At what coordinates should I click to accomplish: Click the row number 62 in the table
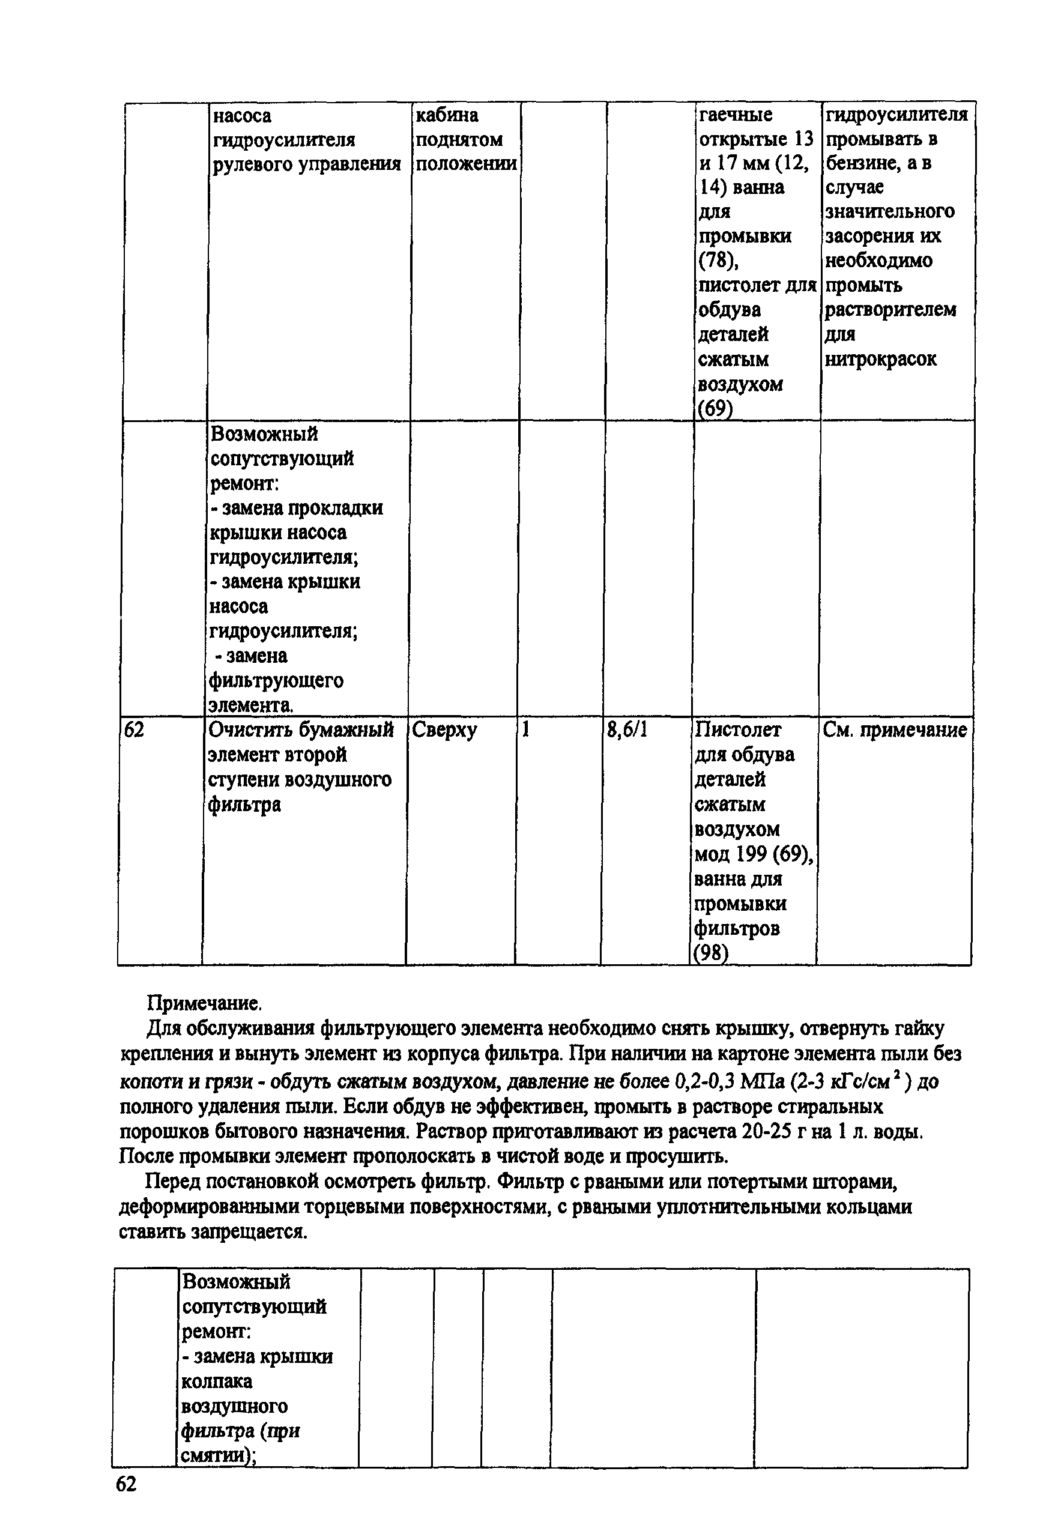tap(135, 730)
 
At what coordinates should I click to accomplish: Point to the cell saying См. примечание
tap(895, 730)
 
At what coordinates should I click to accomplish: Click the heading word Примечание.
tap(204, 1003)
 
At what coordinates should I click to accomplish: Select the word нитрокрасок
tap(880, 359)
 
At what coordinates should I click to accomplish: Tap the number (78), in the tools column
tap(719, 261)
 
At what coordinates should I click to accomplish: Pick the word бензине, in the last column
tap(859, 163)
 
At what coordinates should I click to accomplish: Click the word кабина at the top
tap(447, 115)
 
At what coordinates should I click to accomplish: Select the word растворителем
tap(890, 310)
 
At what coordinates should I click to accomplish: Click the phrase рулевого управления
tap(307, 164)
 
